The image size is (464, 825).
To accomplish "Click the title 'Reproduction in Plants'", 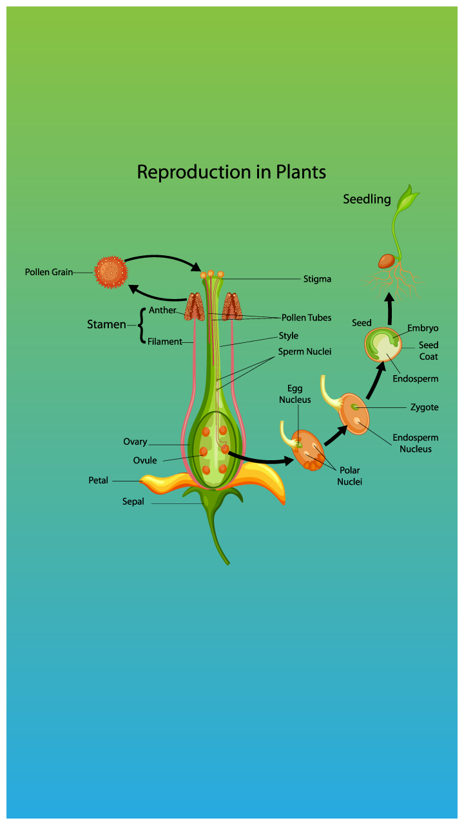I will coord(231,173).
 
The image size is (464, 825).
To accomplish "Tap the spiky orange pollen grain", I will coord(111,272).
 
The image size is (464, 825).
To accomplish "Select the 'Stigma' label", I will coord(317,279).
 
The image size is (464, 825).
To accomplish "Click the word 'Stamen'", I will coord(106,325).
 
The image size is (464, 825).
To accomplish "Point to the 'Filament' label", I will coord(165,342).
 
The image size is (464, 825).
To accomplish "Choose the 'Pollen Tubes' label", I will coord(306,318).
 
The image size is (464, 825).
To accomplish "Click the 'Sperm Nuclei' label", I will coord(305,352).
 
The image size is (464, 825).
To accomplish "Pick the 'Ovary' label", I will coord(135,442).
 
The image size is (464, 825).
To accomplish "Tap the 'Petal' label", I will coord(99,481).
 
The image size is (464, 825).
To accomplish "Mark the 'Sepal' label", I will coord(133,501).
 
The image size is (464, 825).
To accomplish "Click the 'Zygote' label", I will coord(424,407).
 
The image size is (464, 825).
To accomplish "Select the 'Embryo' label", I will coord(423,328).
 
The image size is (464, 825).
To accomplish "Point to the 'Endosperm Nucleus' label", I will coord(416,443).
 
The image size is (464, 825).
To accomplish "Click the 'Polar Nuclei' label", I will coord(350,476).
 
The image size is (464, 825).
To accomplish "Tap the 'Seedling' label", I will coord(367,199).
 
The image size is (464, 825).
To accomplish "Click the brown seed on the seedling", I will coord(387,260).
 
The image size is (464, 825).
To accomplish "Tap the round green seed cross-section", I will coord(383,345).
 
